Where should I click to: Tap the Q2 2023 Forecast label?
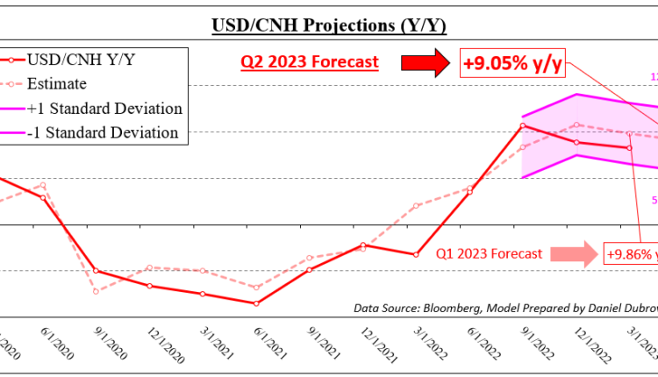309,62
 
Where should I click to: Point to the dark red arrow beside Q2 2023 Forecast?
425,62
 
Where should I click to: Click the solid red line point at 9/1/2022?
523,125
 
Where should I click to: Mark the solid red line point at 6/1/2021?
255,303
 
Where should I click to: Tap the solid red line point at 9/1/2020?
96,271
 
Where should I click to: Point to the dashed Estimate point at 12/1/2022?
576,124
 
